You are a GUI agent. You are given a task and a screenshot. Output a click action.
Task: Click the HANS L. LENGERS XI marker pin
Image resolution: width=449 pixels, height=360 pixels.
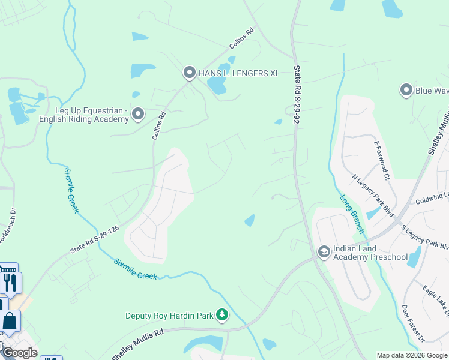pos(189,73)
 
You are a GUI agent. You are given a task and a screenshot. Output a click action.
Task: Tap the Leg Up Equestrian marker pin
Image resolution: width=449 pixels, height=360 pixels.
pos(138,114)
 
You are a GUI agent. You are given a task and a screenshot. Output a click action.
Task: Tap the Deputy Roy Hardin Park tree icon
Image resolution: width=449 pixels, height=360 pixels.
pos(222,315)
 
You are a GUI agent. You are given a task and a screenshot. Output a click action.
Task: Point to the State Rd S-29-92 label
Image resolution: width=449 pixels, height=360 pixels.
pos(296,96)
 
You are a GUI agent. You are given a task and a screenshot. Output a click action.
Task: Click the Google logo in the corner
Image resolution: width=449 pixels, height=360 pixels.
pos(19,353)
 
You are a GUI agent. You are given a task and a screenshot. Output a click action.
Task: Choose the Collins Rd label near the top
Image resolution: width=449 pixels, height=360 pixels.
pos(241,39)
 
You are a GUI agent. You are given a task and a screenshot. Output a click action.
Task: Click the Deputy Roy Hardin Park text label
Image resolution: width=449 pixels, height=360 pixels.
pos(169,316)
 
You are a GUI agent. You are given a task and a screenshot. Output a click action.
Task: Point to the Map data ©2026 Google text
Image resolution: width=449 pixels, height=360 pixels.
pos(412,355)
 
